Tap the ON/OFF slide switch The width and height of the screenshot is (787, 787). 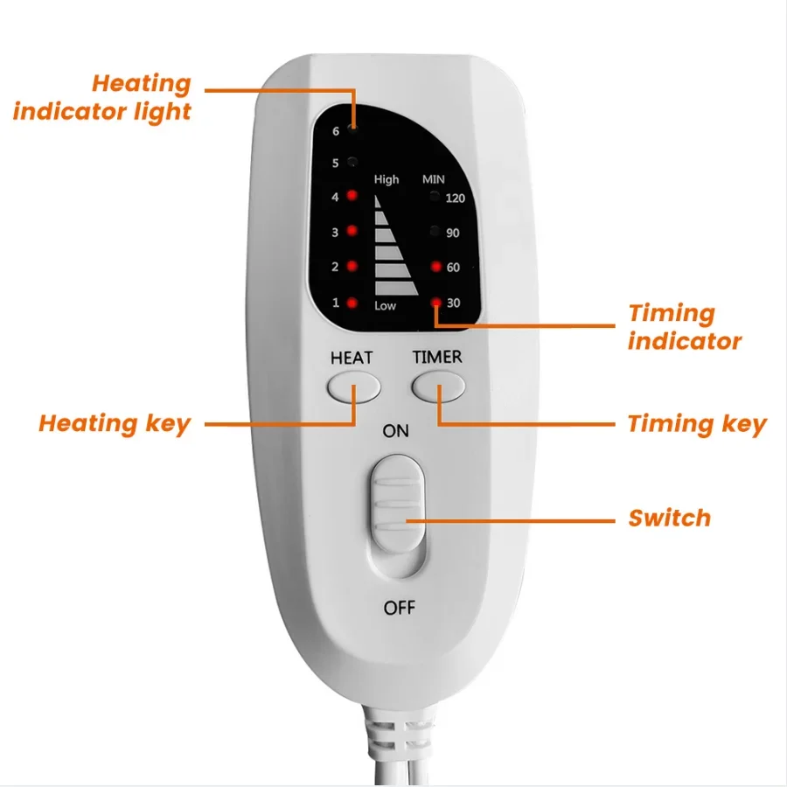[x=398, y=505]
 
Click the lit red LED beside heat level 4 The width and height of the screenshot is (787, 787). [x=352, y=195]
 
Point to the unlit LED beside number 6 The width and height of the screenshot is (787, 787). [x=353, y=129]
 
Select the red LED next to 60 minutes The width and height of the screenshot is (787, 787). [x=435, y=267]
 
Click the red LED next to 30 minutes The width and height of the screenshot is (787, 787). [x=436, y=303]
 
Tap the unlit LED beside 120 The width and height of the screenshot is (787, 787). [x=435, y=196]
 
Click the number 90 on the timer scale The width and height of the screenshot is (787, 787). [x=453, y=233]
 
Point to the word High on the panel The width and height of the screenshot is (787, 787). [x=387, y=179]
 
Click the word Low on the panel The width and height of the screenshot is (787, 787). [x=385, y=306]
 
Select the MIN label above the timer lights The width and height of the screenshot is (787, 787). [x=433, y=179]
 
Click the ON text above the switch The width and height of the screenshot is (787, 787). [x=395, y=430]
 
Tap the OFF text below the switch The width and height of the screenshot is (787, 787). [x=399, y=608]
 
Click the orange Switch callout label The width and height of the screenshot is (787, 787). [x=670, y=518]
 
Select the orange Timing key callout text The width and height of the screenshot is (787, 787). [x=697, y=424]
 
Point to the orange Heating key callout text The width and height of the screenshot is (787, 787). [x=115, y=424]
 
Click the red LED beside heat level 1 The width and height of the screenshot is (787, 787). [x=352, y=303]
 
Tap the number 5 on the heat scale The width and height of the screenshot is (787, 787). [x=335, y=164]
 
